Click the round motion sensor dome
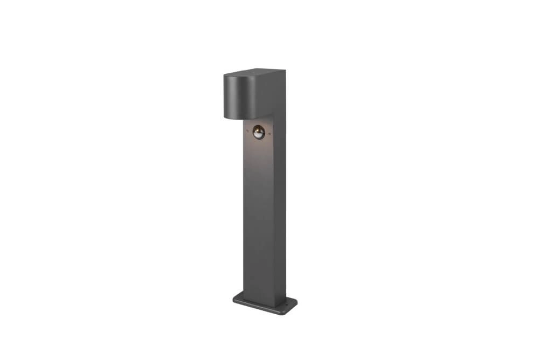tap(258, 131)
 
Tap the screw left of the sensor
tap(246, 130)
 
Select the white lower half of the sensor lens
tap(258, 134)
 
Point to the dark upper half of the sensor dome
tap(258, 128)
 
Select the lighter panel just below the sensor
tap(258, 151)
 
